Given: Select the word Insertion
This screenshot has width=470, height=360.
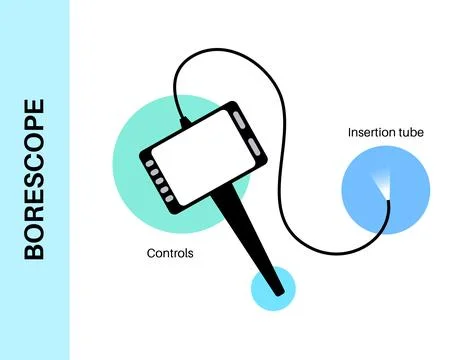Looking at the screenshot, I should pos(371,132).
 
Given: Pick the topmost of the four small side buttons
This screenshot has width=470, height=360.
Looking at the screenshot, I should pos(150,160).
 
